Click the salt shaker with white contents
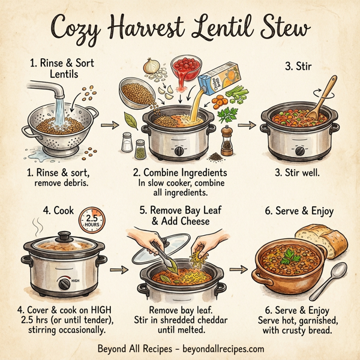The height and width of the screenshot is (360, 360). click(127, 143)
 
